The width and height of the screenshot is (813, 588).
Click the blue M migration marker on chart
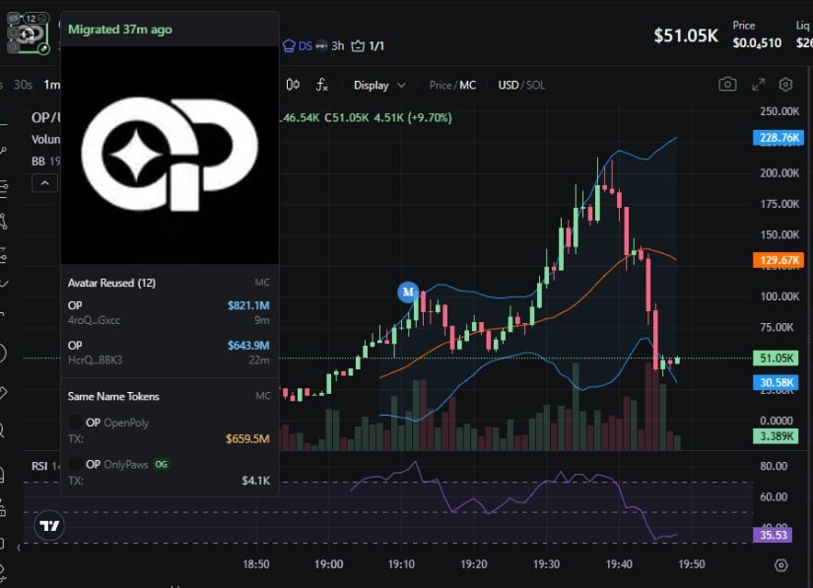(x=408, y=292)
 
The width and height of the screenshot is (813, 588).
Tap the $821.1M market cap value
(x=248, y=305)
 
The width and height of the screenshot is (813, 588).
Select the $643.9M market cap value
(x=248, y=346)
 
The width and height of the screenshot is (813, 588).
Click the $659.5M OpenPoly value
(x=247, y=438)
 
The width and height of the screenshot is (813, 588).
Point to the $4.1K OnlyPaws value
(x=254, y=480)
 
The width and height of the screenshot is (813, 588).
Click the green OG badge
(x=162, y=464)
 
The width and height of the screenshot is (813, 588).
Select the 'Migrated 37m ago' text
(x=119, y=30)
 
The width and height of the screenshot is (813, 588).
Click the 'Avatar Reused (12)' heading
(x=111, y=283)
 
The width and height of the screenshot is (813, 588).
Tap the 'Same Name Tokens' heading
(x=113, y=396)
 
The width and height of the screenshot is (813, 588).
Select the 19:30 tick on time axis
(x=546, y=564)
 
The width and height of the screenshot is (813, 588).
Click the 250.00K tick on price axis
(x=779, y=111)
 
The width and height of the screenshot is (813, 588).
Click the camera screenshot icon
(x=727, y=85)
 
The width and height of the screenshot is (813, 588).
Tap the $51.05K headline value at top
(x=686, y=35)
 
